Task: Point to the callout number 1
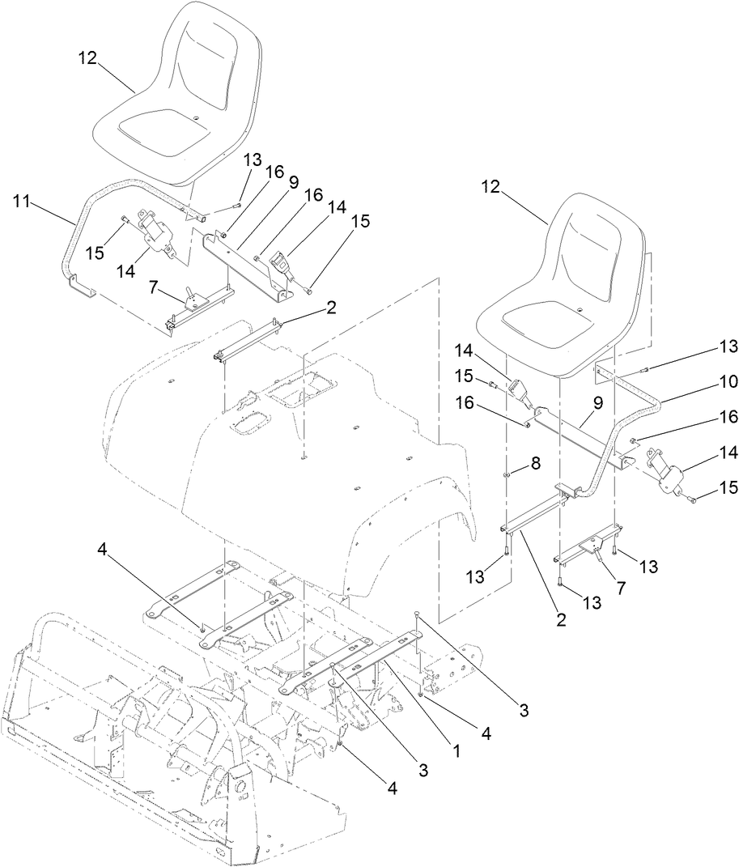click(x=457, y=750)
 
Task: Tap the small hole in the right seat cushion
click(x=581, y=310)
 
